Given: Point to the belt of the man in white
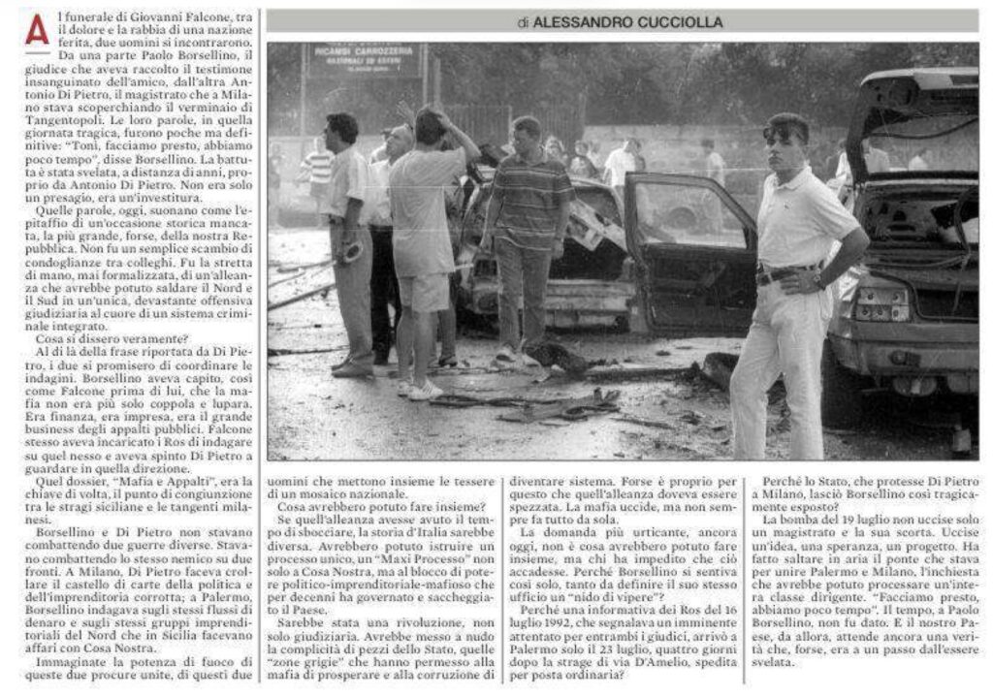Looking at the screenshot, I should (785, 275).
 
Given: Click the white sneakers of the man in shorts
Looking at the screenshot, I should (420, 389).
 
